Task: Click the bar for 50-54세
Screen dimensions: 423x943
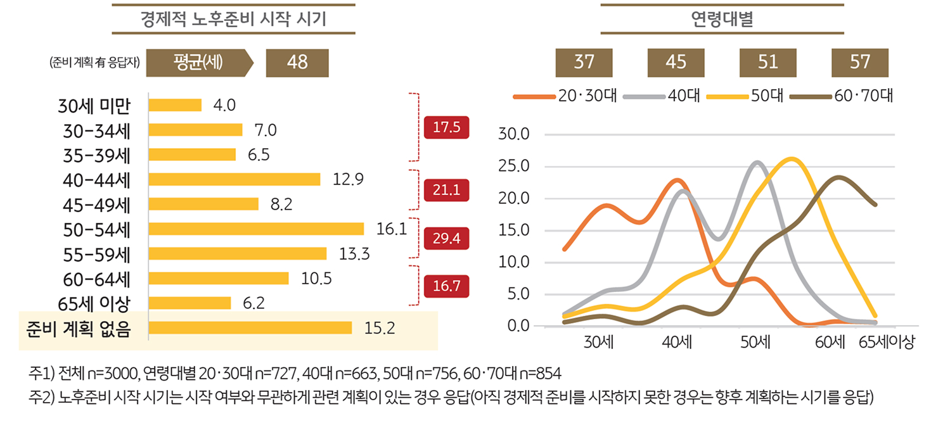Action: [256, 229]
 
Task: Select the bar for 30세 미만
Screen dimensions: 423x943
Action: [175, 104]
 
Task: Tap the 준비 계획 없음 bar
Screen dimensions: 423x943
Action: [250, 327]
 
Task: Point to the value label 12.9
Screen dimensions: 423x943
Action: [348, 179]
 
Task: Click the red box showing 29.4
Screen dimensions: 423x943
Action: [446, 238]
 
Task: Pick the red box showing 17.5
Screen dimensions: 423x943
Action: [446, 127]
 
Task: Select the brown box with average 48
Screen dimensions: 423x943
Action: [297, 62]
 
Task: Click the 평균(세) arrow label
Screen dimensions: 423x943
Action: [198, 62]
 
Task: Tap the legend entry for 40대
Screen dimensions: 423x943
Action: [662, 97]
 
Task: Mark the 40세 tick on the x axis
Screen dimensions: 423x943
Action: [677, 343]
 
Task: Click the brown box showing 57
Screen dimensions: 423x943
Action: [860, 62]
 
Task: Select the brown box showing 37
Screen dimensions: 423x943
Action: [584, 62]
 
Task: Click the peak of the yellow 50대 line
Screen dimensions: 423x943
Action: [793, 159]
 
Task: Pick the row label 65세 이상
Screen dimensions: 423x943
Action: [94, 303]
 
